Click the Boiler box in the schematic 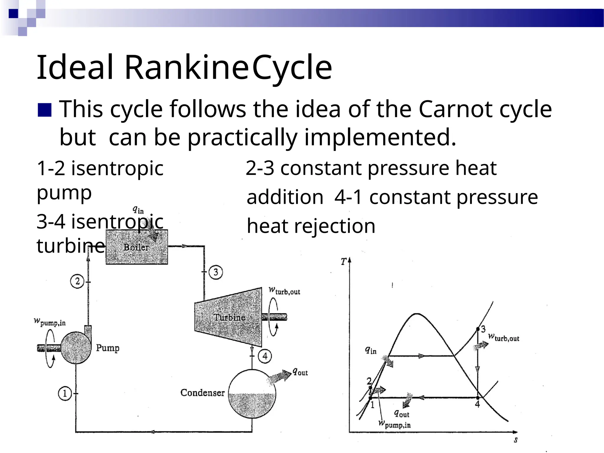[x=137, y=247]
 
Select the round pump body [x=76, y=347]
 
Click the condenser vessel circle [x=252, y=394]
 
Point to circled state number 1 [x=65, y=393]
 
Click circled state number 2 [x=77, y=281]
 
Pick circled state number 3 [x=216, y=272]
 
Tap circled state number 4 [x=265, y=356]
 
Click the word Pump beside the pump [x=108, y=348]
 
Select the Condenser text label [x=202, y=393]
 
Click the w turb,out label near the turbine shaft [x=284, y=291]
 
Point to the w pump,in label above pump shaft [x=50, y=322]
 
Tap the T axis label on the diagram [x=344, y=262]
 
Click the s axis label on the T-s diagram [x=516, y=440]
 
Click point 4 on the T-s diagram [x=478, y=398]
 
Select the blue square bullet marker [x=45, y=110]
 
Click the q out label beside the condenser [x=300, y=372]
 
